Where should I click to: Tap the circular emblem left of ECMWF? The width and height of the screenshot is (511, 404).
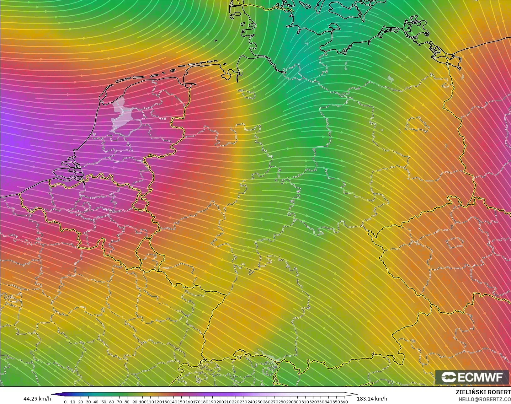click(x=449, y=377)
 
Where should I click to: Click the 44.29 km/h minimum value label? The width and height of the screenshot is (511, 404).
click(x=37, y=399)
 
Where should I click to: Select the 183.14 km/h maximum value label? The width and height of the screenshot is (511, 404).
click(x=372, y=399)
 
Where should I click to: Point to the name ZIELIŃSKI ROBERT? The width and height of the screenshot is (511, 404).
click(x=483, y=392)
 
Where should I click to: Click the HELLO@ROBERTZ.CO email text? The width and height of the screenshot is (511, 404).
click(x=485, y=399)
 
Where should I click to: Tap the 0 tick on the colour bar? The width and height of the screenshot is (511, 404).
click(x=65, y=402)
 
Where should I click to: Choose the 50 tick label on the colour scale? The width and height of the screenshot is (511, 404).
click(x=104, y=402)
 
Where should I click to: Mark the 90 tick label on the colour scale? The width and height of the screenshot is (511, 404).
click(x=135, y=402)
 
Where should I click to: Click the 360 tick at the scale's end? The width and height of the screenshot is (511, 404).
click(x=344, y=402)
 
